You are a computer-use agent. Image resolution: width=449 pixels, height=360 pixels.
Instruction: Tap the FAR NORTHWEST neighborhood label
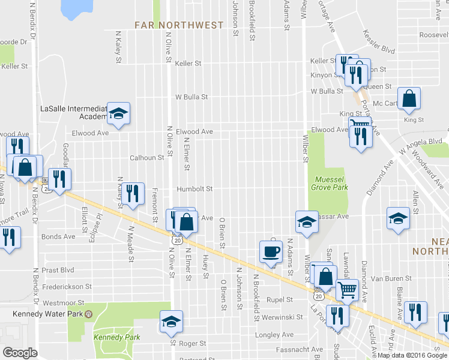coord(179,25)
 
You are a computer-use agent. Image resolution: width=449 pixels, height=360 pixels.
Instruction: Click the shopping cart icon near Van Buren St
coord(346,290)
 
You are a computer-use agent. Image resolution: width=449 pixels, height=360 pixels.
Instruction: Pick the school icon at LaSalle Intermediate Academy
coord(119,114)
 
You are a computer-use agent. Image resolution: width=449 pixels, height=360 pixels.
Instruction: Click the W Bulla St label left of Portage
coord(326,91)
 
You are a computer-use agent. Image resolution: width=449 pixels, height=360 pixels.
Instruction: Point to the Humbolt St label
coord(194,189)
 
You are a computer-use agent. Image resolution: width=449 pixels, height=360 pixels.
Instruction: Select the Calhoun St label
coord(147,158)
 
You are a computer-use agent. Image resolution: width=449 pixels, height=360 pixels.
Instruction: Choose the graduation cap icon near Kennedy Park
coord(171,322)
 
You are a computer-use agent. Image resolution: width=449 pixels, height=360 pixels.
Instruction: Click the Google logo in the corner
coord(20,353)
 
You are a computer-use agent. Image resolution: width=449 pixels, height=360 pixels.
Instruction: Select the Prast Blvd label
coord(58,271)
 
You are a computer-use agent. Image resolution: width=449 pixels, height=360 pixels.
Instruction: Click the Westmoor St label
coord(61,303)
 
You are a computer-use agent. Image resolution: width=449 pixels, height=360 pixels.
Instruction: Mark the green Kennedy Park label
coord(116,337)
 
